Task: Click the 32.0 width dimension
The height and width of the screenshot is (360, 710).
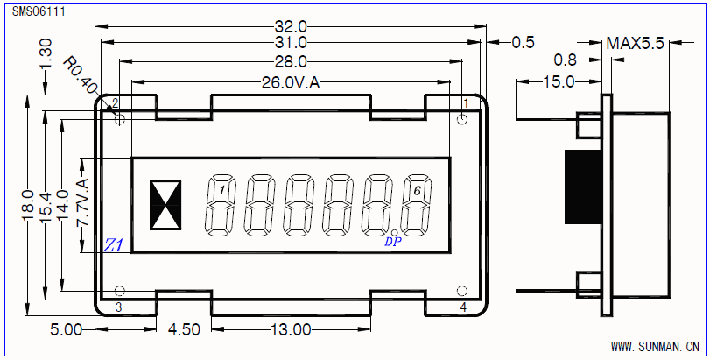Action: click(x=291, y=26)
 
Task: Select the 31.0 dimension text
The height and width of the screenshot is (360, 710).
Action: click(x=291, y=42)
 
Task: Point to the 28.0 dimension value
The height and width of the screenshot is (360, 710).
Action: click(x=291, y=61)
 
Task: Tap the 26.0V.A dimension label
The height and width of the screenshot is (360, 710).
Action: click(x=291, y=83)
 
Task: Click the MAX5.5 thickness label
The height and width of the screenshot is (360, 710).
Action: click(x=636, y=42)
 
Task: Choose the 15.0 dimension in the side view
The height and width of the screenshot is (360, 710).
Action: click(x=559, y=82)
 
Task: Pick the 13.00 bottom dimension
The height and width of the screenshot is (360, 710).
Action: click(x=292, y=329)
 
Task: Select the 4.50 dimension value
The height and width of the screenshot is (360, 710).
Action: click(x=185, y=329)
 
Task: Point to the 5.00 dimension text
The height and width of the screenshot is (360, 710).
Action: click(x=67, y=329)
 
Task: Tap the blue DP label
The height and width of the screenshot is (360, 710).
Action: click(x=392, y=242)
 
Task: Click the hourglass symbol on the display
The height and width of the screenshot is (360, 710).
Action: click(x=165, y=205)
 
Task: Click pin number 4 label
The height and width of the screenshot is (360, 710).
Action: click(x=464, y=307)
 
